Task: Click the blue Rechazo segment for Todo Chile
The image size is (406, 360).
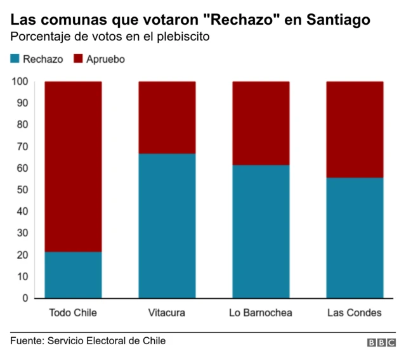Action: tap(73, 274)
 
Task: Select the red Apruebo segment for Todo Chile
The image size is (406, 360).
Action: tap(73, 166)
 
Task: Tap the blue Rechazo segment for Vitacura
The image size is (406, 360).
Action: tap(167, 226)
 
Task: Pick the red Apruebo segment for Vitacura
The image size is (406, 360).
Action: tap(167, 117)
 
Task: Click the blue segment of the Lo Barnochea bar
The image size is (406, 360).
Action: tap(261, 231)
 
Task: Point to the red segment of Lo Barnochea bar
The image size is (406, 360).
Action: tap(261, 123)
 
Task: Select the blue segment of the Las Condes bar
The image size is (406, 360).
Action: tap(355, 238)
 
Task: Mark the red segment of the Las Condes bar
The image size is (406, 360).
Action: tap(355, 129)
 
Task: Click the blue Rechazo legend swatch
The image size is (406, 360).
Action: tap(15, 59)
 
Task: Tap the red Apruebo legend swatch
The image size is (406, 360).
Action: tap(79, 59)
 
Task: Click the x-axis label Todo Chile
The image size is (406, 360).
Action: tap(73, 313)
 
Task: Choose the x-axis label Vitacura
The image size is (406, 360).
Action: tap(167, 313)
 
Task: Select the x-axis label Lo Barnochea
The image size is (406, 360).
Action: tap(261, 313)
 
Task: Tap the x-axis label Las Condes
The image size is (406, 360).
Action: tap(355, 313)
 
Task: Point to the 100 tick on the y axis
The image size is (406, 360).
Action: tap(20, 81)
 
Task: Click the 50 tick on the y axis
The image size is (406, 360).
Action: tap(23, 190)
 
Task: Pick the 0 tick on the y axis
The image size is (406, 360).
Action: tap(25, 298)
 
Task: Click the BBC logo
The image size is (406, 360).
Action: tap(381, 342)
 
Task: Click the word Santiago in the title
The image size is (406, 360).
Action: tap(338, 20)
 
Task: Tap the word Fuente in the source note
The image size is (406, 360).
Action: tap(26, 341)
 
